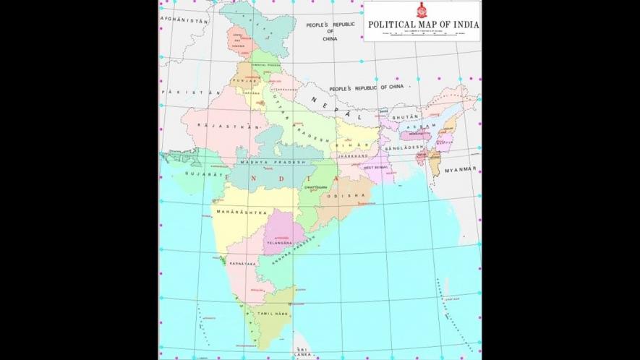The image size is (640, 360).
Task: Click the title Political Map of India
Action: tap(423, 24)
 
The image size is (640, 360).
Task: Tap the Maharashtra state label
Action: tap(242, 213)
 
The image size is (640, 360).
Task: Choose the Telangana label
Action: tap(279, 244)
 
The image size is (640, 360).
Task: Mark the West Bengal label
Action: tap(376, 168)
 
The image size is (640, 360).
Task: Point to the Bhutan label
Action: tap(405, 116)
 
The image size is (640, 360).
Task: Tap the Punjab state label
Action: tap(241, 80)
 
